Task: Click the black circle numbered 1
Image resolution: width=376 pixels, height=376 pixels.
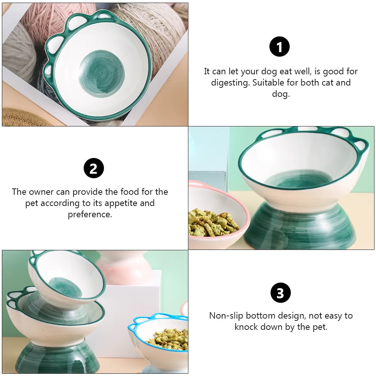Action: (x=280, y=47)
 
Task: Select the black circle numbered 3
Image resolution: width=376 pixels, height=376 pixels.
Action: (x=280, y=293)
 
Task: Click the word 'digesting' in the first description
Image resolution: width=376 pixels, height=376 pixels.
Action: (x=230, y=83)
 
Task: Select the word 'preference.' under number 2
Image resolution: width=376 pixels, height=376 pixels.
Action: (x=90, y=215)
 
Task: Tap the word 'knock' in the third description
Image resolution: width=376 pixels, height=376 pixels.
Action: (x=248, y=327)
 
